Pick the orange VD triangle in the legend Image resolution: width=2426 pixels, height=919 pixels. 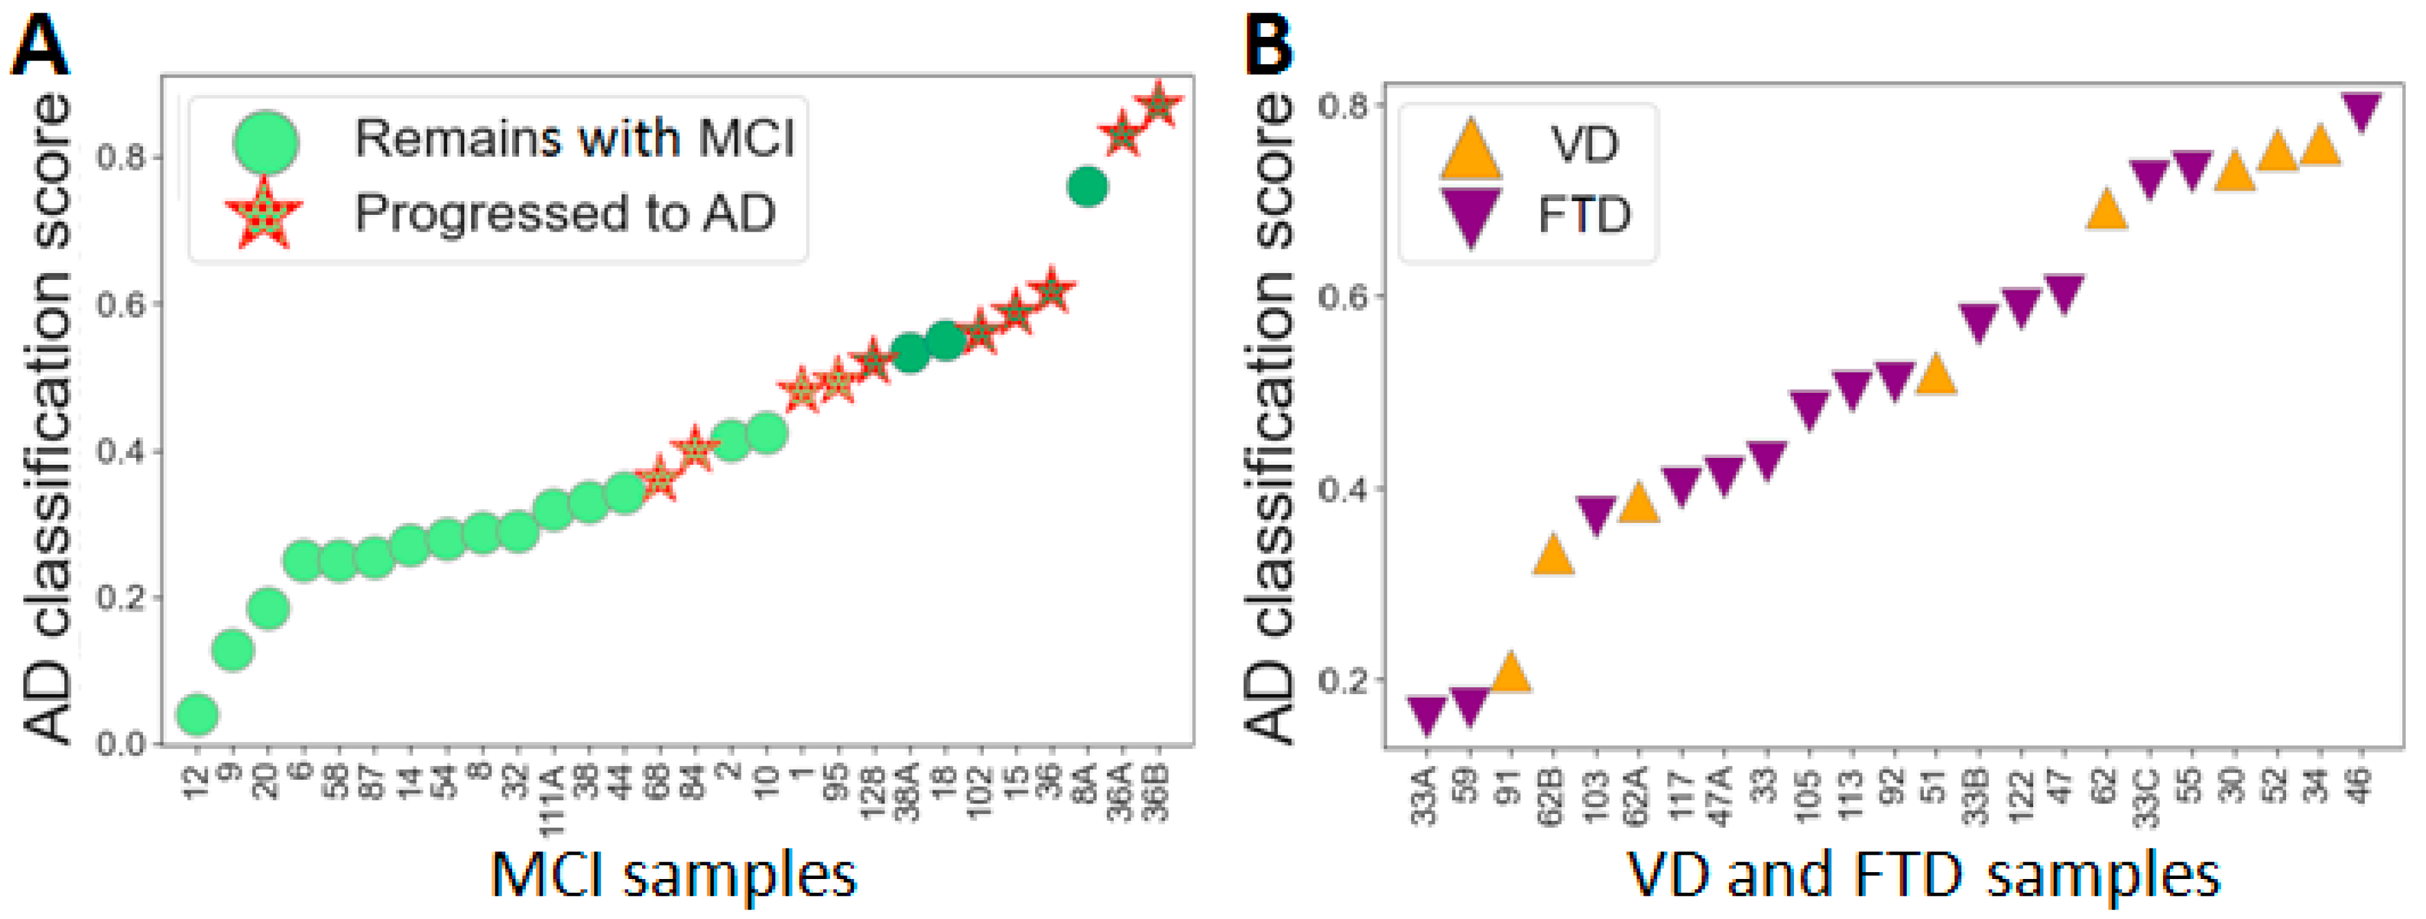(x=1470, y=149)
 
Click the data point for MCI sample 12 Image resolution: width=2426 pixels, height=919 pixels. (x=197, y=713)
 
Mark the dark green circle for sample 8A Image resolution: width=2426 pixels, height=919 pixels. (x=1087, y=186)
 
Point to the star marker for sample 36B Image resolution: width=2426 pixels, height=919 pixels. (x=1159, y=104)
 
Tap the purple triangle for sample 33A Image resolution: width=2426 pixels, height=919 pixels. (x=1426, y=713)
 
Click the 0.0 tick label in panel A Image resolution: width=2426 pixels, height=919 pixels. (x=122, y=744)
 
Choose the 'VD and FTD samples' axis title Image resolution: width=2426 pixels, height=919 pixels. (x=1923, y=874)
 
